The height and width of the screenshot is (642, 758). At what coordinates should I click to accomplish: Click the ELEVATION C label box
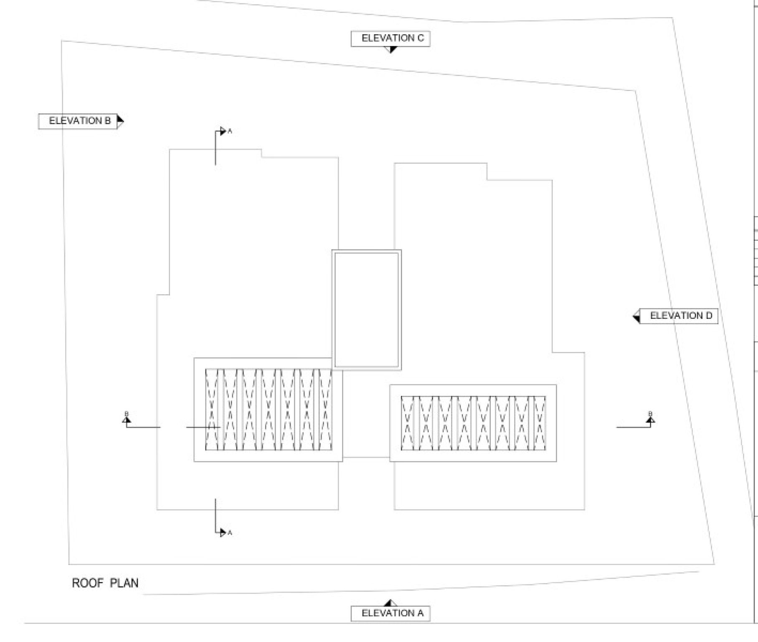click(390, 38)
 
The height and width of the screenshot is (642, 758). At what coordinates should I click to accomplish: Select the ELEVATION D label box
click(678, 316)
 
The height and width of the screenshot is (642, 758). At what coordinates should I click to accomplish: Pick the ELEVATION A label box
click(390, 613)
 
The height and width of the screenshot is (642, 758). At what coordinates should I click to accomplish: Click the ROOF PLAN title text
click(105, 583)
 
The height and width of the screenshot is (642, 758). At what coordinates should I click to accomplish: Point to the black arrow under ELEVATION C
click(391, 50)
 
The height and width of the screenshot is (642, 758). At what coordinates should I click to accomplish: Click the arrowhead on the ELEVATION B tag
click(120, 121)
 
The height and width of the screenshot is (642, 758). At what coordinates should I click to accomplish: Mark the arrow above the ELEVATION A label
click(390, 603)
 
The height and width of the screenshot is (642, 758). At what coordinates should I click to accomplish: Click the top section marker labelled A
click(223, 132)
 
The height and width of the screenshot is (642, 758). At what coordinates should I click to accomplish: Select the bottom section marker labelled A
click(223, 532)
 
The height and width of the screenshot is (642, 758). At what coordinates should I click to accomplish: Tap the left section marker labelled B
click(127, 418)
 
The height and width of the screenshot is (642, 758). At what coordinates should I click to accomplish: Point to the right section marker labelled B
click(650, 418)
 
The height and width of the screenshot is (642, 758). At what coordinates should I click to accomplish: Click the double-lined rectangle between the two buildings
click(366, 310)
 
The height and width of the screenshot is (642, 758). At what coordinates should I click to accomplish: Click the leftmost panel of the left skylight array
click(211, 409)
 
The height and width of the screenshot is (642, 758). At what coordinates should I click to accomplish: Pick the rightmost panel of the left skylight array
click(325, 409)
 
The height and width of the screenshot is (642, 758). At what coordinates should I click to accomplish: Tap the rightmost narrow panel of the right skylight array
click(540, 423)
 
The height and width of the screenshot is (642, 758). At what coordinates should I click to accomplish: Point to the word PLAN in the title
click(124, 583)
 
